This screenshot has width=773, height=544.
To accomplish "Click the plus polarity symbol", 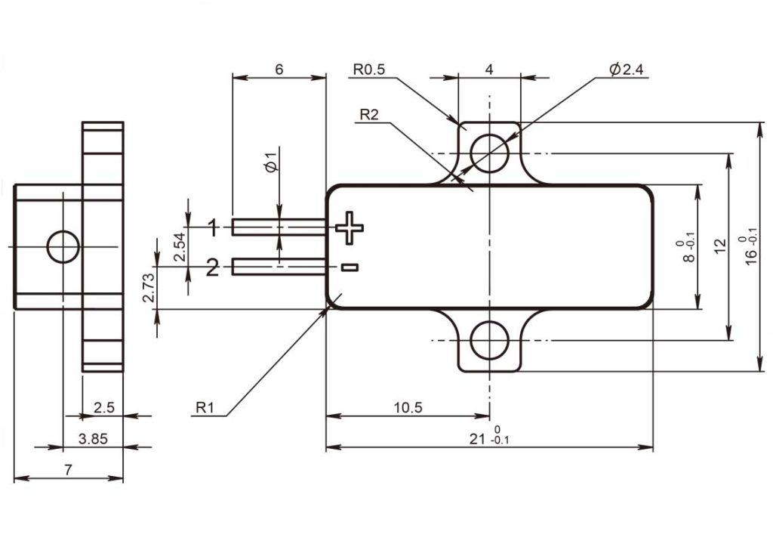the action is coord(350,227).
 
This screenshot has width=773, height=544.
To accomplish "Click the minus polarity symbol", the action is coord(350,267).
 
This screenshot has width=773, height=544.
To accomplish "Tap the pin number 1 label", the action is coord(213,227).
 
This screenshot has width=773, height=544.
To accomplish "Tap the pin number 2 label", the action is coord(212,268).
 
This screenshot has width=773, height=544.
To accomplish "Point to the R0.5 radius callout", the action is coord(368,70).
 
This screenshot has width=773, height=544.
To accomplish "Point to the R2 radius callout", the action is coord(369,115).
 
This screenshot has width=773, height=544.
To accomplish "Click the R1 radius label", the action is coord(205,407).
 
